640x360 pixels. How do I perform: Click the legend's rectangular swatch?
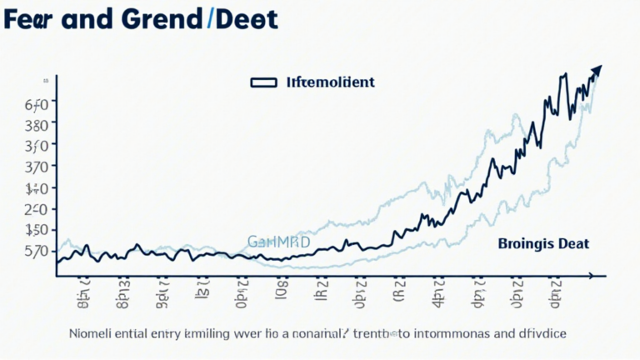(x=263, y=82)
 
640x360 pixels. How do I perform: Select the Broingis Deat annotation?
(x=543, y=244)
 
